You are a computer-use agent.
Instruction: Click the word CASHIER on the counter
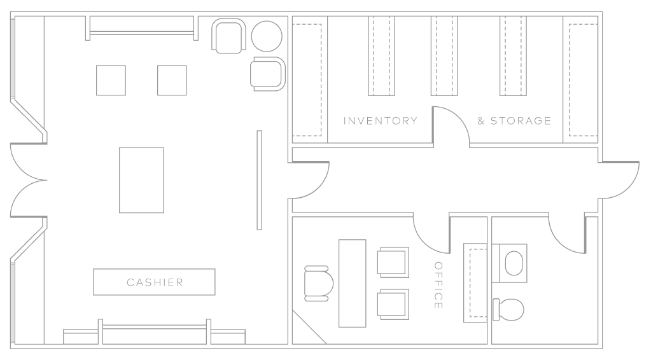coord(155,282)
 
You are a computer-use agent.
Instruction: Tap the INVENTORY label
coord(381,121)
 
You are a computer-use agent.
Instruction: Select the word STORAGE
coord(521,121)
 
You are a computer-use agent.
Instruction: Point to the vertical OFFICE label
coord(438,285)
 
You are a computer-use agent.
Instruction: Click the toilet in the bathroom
coord(509,309)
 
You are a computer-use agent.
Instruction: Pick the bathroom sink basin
coord(514,262)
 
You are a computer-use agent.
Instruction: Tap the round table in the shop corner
coord(267,36)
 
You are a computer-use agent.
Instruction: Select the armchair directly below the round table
coord(267,73)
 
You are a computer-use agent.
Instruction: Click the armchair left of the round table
coord(228,36)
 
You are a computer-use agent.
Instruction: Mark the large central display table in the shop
coord(141,180)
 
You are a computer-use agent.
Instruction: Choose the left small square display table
coord(111,80)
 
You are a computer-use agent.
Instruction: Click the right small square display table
coord(172,80)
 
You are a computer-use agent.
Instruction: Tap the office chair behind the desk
coord(319,282)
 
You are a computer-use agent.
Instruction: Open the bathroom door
coord(566,235)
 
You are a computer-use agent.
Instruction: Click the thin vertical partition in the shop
coord(259,180)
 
